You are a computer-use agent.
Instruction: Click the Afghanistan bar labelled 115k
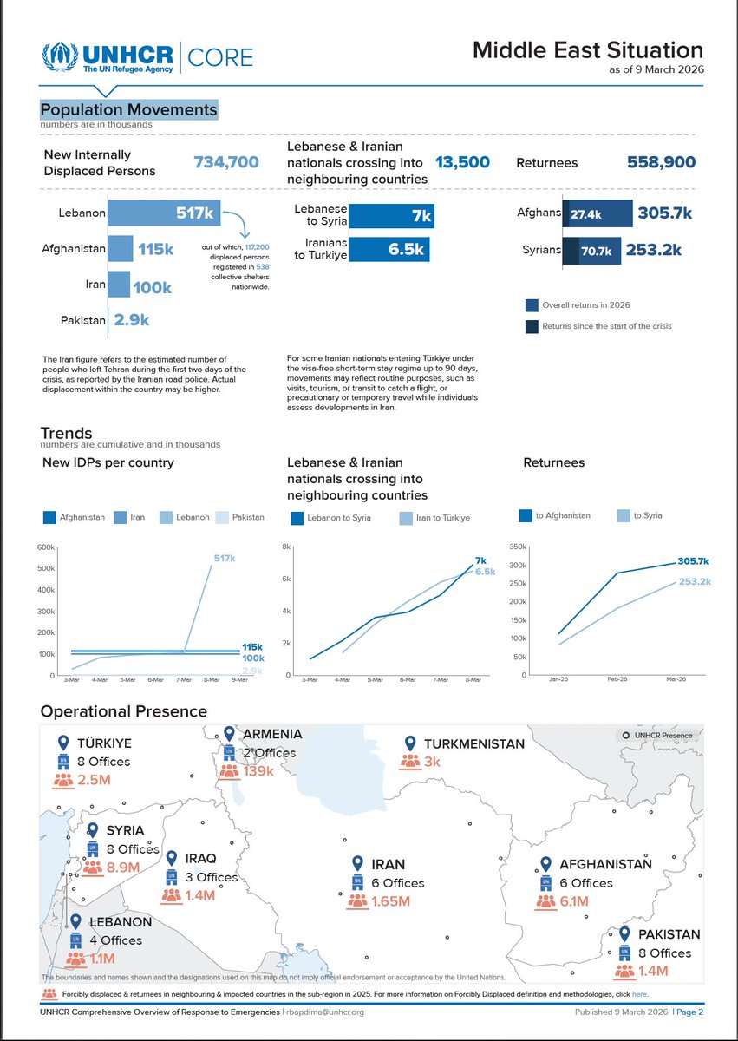(x=121, y=249)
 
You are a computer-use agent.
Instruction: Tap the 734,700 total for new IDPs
(x=225, y=162)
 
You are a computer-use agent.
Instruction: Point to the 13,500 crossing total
(x=462, y=162)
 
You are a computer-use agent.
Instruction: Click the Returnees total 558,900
(x=661, y=162)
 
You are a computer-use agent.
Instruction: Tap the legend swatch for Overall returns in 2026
(x=532, y=305)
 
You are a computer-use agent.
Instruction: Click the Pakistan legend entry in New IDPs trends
(x=238, y=518)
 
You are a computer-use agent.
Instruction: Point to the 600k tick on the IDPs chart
(x=45, y=547)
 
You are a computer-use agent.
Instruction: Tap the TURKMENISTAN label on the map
(x=473, y=743)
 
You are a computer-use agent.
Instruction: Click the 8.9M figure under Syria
(x=123, y=867)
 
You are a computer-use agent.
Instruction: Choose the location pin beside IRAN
(x=357, y=863)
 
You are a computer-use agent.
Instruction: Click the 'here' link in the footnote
(x=639, y=994)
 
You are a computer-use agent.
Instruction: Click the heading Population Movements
(x=128, y=110)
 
